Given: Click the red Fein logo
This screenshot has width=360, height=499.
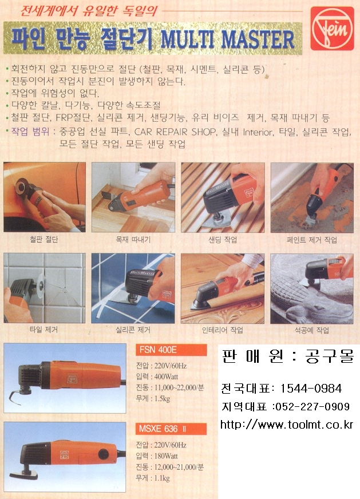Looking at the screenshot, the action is click(x=332, y=28).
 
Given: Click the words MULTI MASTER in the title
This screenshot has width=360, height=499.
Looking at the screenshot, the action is click(x=228, y=39).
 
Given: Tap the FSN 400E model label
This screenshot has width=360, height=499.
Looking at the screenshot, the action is click(x=158, y=350).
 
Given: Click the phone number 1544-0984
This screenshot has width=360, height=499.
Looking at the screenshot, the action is click(x=311, y=388).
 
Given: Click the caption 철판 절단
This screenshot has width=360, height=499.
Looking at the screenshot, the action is click(x=44, y=239).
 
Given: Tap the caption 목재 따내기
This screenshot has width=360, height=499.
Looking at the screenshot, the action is click(x=133, y=239).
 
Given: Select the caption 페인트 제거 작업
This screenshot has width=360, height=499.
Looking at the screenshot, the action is click(x=311, y=240).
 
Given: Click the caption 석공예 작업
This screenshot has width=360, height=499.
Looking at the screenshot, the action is click(x=311, y=330).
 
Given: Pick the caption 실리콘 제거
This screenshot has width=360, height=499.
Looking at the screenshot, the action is click(x=133, y=330).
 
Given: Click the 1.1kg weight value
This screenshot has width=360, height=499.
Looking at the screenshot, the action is click(x=162, y=478).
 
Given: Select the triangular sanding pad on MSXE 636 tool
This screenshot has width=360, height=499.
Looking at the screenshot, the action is click(x=24, y=474).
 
